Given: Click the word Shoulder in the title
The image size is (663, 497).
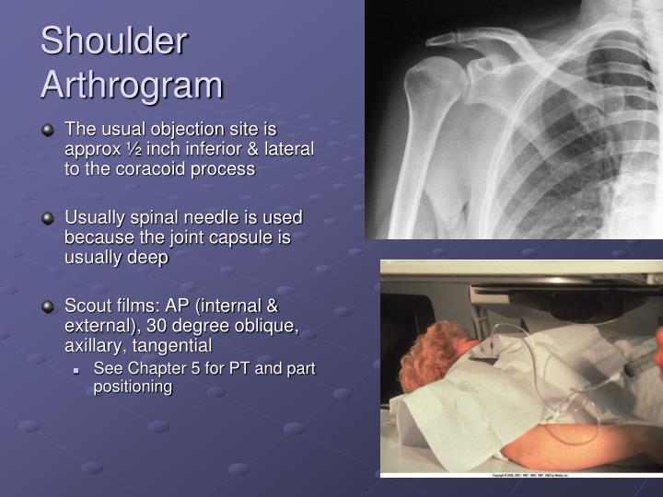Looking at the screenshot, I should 113,42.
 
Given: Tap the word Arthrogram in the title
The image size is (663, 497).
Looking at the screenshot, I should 132,85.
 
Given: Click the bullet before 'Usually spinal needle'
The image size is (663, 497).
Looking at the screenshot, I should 48,218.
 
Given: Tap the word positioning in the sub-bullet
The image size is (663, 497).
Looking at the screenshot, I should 133,387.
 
